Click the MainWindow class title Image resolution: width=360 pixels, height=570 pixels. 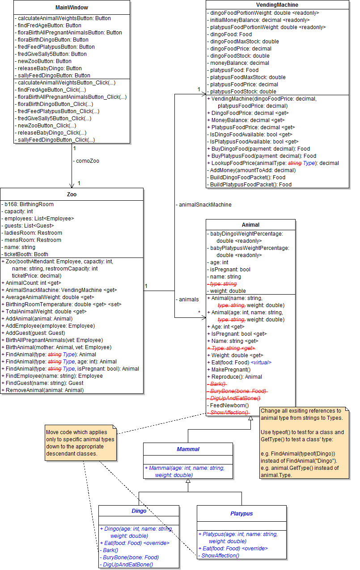(x=72, y=8)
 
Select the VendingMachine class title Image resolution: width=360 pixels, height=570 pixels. (x=277, y=4)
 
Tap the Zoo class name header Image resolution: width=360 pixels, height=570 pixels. (x=72, y=194)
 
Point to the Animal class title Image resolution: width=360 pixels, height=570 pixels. (x=250, y=225)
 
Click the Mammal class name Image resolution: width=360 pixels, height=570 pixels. (x=188, y=449)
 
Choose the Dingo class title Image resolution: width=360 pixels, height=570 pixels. (x=139, y=511)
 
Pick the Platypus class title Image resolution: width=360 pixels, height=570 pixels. (x=241, y=513)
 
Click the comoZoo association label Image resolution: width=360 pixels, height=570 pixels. (x=87, y=160)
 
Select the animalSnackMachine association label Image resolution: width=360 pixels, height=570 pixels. (x=203, y=205)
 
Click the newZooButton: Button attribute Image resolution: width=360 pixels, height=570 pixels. (x=44, y=61)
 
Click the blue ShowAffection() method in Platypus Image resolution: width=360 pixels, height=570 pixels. (x=220, y=556)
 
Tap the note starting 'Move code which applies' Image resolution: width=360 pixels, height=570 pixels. (x=80, y=443)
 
